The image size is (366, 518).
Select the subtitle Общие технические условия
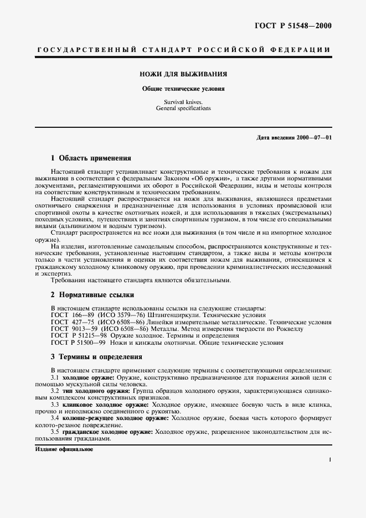pos(183,88)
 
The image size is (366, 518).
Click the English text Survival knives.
pos(183,102)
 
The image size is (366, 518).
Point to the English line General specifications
pos(183,108)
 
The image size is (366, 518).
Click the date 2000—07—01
pos(314,137)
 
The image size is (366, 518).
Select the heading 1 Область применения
pos(87,158)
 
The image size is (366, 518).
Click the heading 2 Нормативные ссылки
pos(89,295)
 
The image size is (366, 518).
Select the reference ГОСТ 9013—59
pos(69,328)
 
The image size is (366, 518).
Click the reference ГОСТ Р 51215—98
pos(75,335)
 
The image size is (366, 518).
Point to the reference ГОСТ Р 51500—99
pos(75,342)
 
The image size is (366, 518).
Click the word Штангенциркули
pos(173,314)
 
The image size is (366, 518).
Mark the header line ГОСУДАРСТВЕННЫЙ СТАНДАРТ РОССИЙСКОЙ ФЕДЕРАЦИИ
pos(183,50)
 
